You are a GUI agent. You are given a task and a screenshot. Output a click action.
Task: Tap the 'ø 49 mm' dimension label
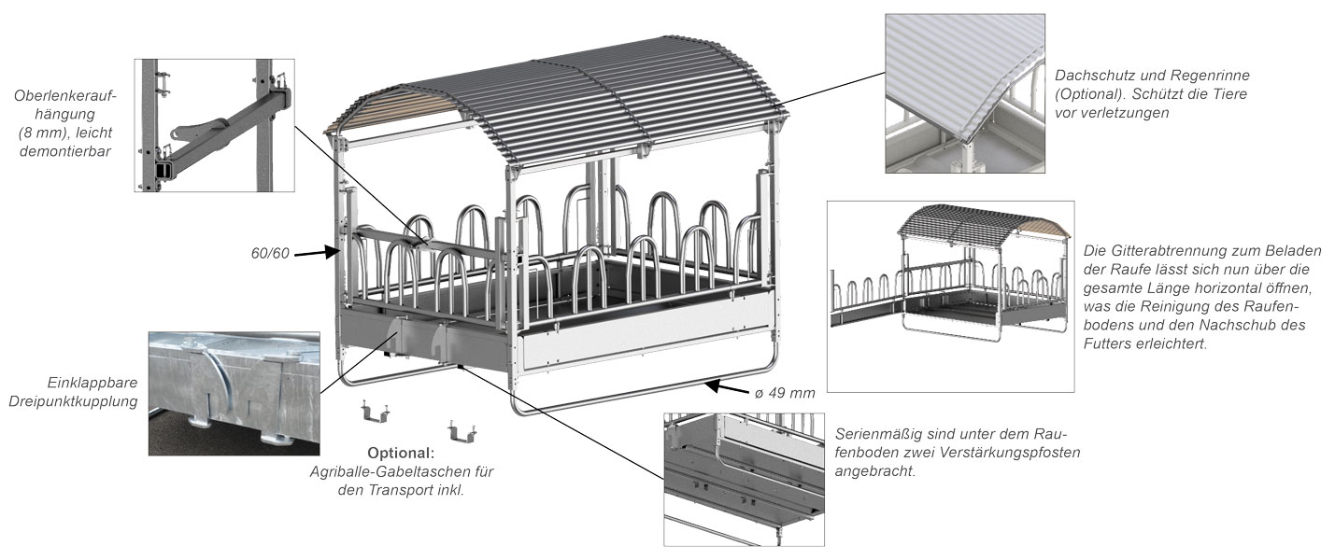[x=785, y=393]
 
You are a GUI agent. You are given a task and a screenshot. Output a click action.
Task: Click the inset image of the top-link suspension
[x=214, y=125]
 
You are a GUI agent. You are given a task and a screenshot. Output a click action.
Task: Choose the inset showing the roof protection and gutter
[x=964, y=92]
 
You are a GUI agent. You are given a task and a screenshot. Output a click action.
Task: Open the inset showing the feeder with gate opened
[x=950, y=296]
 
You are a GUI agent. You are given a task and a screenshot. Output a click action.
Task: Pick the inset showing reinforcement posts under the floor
[x=746, y=478]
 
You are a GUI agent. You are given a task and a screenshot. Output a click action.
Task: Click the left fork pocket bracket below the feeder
[x=376, y=413]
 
